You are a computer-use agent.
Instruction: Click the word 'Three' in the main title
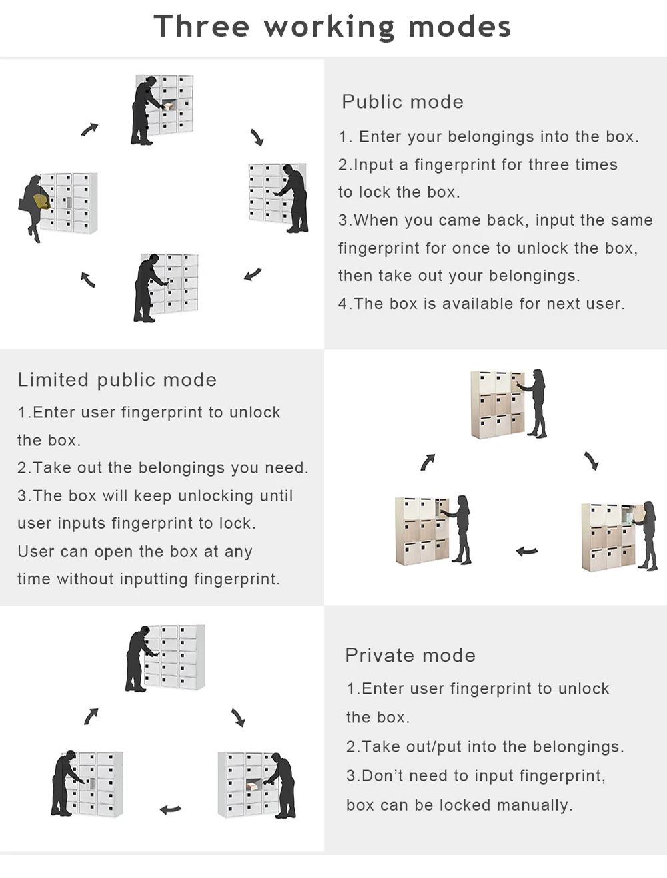pyautogui.click(x=201, y=27)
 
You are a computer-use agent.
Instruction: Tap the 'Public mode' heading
pyautogui.click(x=402, y=102)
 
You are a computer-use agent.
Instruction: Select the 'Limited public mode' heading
pyautogui.click(x=117, y=380)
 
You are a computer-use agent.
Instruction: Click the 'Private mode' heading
pyautogui.click(x=410, y=656)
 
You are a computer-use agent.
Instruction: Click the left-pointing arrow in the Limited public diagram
pyautogui.click(x=527, y=552)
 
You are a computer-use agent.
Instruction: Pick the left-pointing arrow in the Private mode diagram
pyautogui.click(x=171, y=810)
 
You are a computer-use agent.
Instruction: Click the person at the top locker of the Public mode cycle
pyautogui.click(x=144, y=111)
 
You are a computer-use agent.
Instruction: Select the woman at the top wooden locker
pyautogui.click(x=536, y=403)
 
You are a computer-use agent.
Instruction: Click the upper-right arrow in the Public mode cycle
pyautogui.click(x=257, y=138)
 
